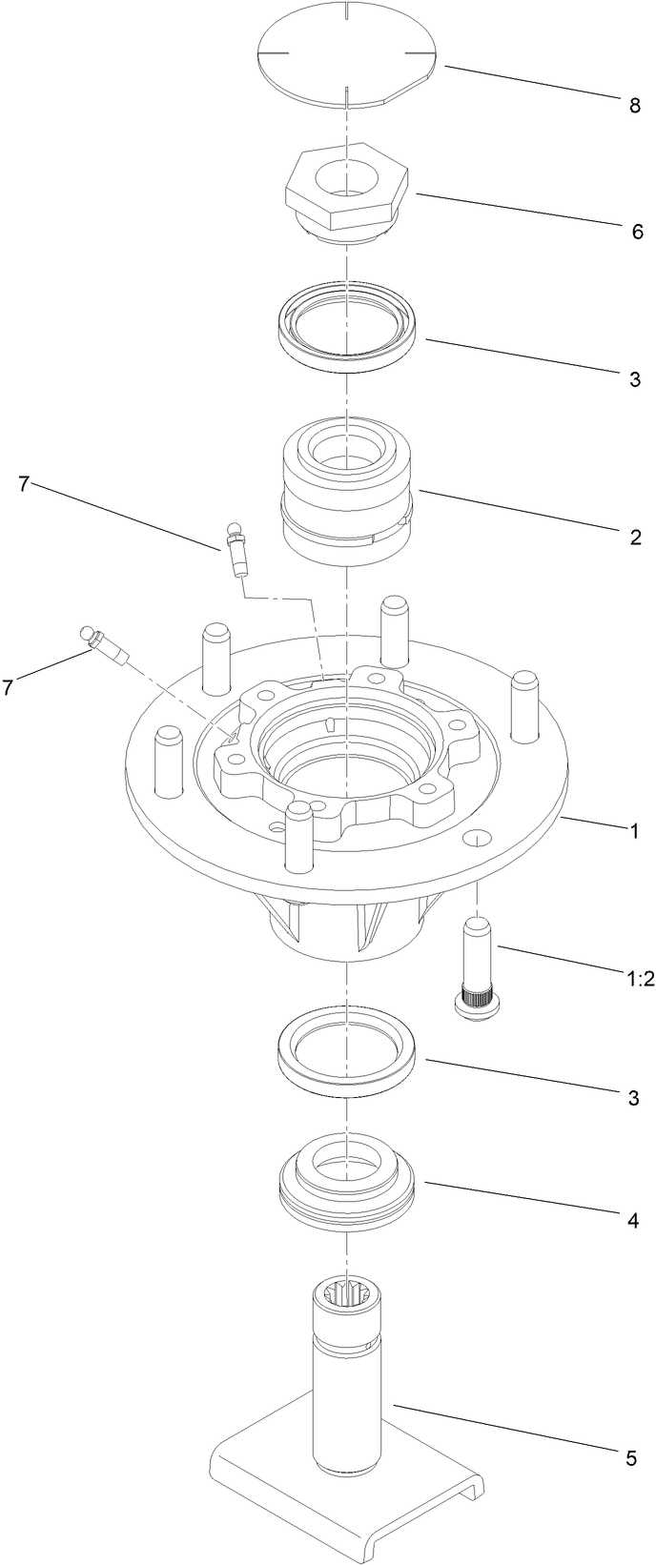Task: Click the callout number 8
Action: point(634,105)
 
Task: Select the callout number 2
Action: point(635,537)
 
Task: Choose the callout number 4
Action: point(634,1218)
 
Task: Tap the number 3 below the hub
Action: point(633,1098)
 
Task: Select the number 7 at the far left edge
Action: point(10,686)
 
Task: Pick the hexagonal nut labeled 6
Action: point(347,191)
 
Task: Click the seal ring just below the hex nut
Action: point(348,329)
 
